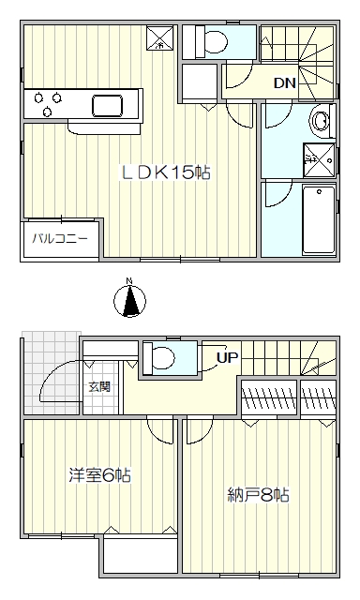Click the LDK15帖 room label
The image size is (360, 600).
(165, 172)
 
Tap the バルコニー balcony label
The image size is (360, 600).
(60, 239)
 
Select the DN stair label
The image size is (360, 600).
(285, 83)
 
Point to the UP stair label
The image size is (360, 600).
(228, 358)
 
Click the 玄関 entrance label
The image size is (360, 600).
(99, 387)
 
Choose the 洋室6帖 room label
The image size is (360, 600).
(100, 475)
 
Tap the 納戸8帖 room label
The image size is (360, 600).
(258, 495)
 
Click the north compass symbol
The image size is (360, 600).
(129, 300)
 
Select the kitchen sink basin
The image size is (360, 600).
(108, 106)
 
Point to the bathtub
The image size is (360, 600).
(319, 219)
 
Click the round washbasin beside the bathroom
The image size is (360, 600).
(321, 121)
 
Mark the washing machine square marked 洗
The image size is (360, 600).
(319, 160)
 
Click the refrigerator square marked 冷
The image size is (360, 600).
(159, 37)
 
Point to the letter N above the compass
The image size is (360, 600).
(129, 281)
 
